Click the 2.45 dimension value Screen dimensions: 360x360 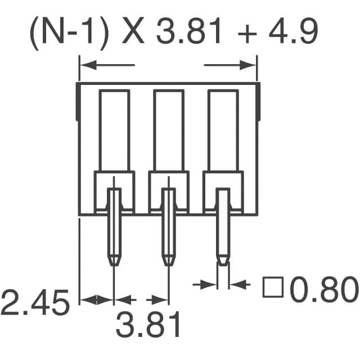(35, 304)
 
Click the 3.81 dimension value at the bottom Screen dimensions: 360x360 (149, 326)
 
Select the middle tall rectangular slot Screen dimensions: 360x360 (169, 130)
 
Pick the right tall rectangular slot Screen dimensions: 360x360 (223, 130)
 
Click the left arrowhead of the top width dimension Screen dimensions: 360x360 (84, 66)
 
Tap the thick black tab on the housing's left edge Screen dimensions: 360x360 (77, 101)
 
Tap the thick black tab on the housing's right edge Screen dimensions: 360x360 (259, 101)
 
